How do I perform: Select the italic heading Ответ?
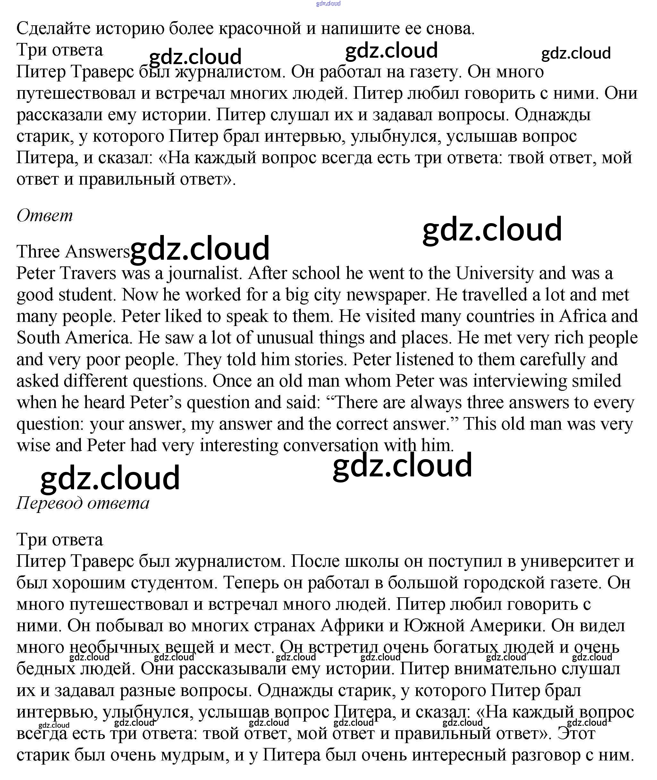[45, 215]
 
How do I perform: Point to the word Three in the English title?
[38, 252]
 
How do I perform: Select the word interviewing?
[519, 381]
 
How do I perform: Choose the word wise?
[33, 446]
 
